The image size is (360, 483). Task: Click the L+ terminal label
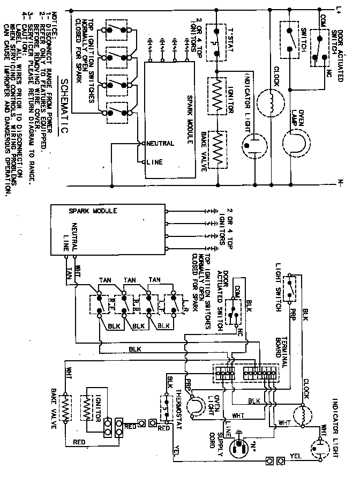coord(339,8)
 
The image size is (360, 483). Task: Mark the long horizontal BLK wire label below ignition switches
coord(135,349)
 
